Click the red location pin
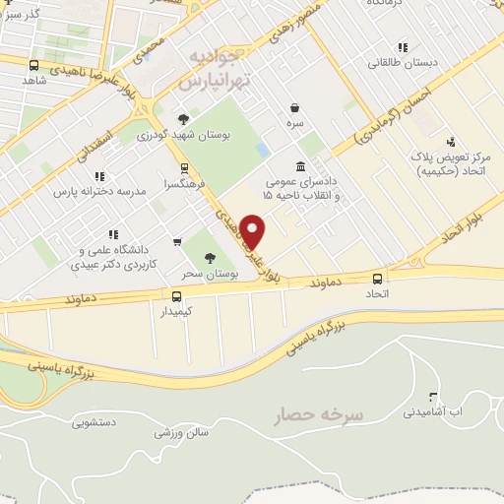254,230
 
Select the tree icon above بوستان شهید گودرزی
182,119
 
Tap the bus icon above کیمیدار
177,295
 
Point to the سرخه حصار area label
320,414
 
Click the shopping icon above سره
294,108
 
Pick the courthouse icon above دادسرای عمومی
300,165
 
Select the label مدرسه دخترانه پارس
94,187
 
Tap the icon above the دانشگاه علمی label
112,234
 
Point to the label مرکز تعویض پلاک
453,157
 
